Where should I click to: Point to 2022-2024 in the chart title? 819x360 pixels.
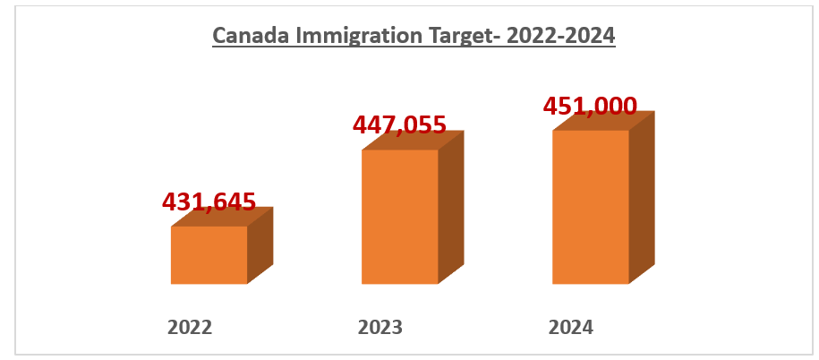(560, 35)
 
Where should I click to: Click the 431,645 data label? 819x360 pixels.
(209, 201)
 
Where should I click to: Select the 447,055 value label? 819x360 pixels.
(399, 124)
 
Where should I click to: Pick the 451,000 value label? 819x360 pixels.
(590, 106)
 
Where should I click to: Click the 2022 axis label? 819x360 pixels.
(190, 328)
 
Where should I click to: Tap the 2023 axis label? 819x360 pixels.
(380, 328)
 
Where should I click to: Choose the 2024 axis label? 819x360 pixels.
(571, 328)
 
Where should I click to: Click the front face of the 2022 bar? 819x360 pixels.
(209, 255)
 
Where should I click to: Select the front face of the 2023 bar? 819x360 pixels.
(399, 217)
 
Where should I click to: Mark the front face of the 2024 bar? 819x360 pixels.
(590, 207)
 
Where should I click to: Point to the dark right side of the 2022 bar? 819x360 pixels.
(260, 245)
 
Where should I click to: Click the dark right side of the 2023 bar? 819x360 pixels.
(451, 208)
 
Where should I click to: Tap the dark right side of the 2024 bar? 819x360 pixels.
(642, 198)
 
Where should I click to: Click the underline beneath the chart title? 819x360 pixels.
(414, 47)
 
